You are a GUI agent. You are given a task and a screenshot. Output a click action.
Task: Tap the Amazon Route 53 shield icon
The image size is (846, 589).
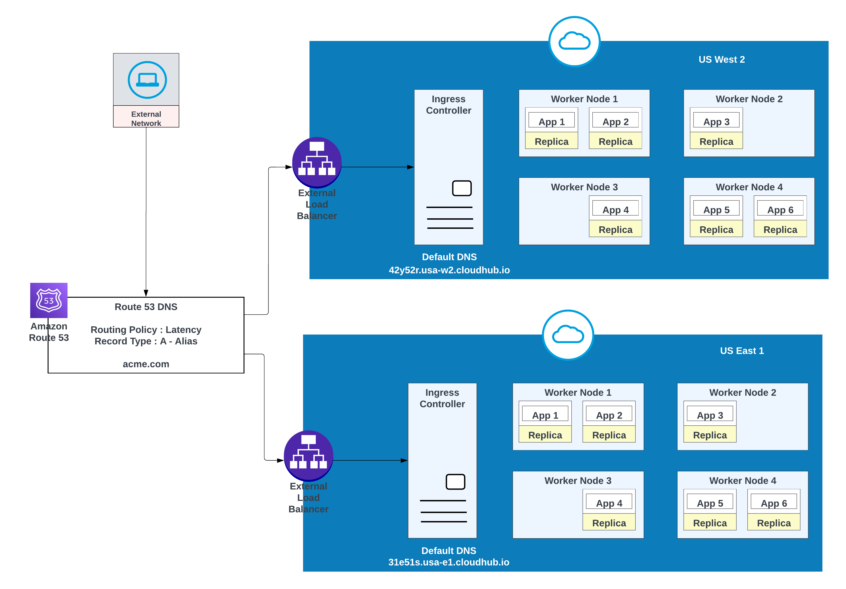click(49, 300)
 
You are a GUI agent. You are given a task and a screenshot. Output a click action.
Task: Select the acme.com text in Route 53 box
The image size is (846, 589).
click(146, 364)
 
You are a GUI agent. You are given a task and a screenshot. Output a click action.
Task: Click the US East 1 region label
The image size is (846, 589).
click(742, 351)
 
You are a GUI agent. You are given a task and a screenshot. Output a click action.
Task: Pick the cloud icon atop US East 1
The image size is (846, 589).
click(568, 335)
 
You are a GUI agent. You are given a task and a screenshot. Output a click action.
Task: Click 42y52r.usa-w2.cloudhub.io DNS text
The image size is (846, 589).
click(449, 270)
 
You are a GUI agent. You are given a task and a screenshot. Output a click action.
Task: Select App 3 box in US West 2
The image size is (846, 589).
click(716, 122)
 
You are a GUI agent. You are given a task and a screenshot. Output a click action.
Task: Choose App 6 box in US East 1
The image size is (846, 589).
click(773, 503)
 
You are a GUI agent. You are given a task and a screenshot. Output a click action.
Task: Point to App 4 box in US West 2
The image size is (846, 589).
click(615, 210)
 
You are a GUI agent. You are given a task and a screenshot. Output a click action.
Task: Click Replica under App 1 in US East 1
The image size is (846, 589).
click(545, 435)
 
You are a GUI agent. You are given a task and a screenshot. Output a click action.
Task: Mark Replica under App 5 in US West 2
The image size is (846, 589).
click(716, 230)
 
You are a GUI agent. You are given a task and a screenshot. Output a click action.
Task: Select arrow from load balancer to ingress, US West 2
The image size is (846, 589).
click(378, 167)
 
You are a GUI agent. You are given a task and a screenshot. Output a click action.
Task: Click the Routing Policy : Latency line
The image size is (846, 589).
click(146, 330)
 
